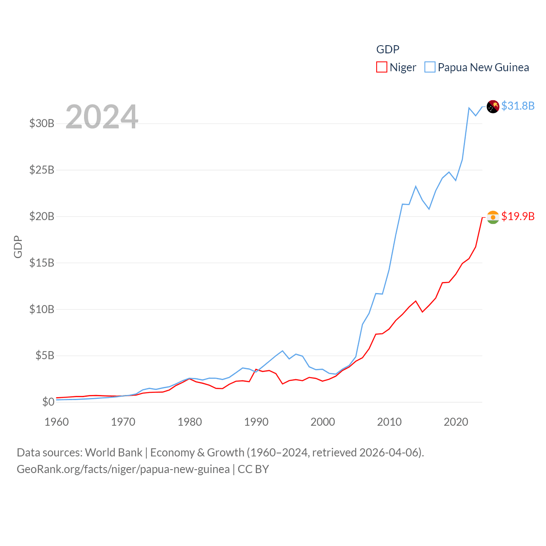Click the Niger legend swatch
click(381, 67)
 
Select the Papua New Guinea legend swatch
click(430, 67)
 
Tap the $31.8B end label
click(518, 106)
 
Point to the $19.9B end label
click(518, 216)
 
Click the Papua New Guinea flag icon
click(493, 107)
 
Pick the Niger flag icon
click(493, 217)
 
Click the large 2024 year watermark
click(102, 117)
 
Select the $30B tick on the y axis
click(42, 124)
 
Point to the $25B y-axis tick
click(42, 170)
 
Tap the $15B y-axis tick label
click(42, 263)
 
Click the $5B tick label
click(45, 355)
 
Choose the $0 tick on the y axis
click(48, 402)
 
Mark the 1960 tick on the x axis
click(57, 422)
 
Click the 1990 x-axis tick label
click(256, 422)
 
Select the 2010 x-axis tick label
click(389, 422)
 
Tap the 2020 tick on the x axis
click(456, 422)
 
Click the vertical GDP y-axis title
click(18, 247)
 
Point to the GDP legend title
click(388, 49)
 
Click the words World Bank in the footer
click(113, 453)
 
